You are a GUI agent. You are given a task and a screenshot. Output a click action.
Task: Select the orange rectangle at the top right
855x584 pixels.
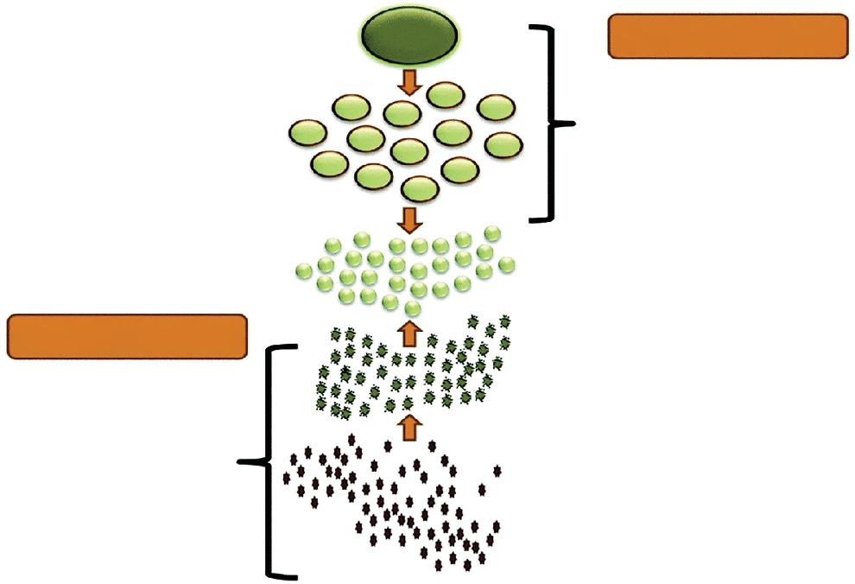(x=728, y=36)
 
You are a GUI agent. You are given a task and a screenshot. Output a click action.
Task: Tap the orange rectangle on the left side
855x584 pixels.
(x=128, y=337)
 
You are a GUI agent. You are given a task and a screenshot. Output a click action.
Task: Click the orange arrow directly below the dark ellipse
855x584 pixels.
(x=409, y=82)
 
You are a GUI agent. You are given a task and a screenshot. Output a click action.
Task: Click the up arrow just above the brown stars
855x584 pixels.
(x=410, y=425)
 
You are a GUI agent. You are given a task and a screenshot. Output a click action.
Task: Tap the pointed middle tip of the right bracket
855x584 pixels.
(x=572, y=124)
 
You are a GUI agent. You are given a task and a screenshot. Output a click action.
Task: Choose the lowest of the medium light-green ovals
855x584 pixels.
(x=421, y=188)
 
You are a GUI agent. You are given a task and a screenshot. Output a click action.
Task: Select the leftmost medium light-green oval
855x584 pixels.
(x=307, y=133)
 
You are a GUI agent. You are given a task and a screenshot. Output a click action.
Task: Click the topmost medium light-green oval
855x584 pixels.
(x=446, y=94)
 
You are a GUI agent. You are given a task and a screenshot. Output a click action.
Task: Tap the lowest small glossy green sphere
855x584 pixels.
(x=412, y=309)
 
